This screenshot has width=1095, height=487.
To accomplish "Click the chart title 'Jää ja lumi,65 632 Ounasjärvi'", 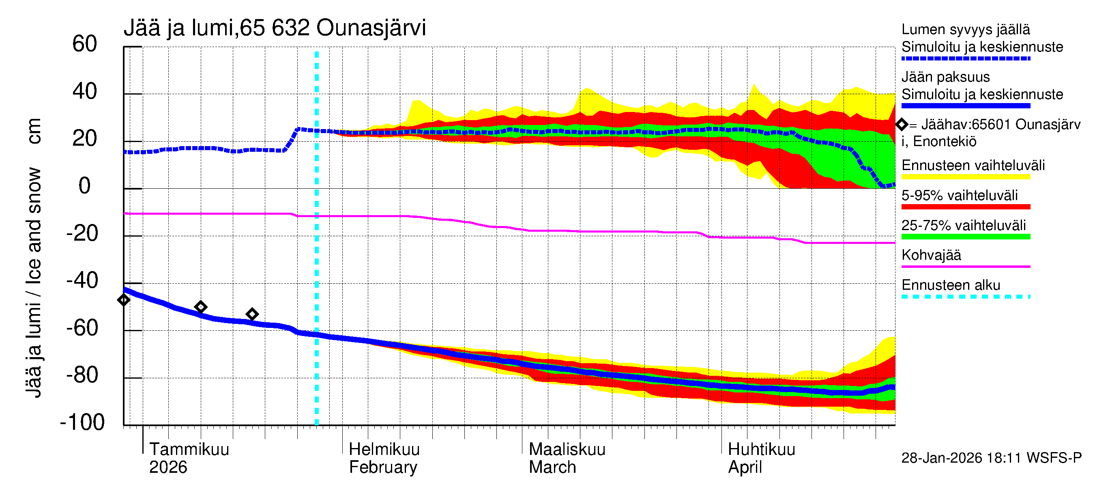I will [275, 28].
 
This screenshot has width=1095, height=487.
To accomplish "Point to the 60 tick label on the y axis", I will [85, 44].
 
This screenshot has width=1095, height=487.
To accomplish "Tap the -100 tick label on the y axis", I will [82, 422].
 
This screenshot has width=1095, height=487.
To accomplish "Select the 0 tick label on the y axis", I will [85, 186].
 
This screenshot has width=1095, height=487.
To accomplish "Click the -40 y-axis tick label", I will [82, 281].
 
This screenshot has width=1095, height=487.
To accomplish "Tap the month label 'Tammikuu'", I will [189, 449].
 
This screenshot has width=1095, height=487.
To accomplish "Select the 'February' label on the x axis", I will [383, 468].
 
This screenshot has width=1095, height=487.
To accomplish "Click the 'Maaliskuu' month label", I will [567, 449].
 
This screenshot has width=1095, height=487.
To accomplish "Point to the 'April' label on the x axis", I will [745, 468].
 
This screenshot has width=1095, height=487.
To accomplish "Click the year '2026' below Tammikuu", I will [168, 468].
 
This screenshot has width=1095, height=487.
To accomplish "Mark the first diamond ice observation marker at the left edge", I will [124, 300].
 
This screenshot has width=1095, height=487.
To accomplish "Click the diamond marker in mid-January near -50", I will [201, 307].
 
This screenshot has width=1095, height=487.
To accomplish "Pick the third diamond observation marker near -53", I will [252, 314].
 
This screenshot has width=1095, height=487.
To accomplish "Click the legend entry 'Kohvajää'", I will [931, 255].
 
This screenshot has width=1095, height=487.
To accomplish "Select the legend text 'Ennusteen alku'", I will [951, 285].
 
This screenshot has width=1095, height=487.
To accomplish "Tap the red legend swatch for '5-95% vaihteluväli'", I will [965, 207].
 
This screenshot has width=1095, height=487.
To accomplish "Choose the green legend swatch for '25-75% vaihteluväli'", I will [965, 237].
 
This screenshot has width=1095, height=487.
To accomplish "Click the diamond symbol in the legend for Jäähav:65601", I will [902, 125].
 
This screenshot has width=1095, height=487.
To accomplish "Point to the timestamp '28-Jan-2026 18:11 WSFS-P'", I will [991, 458].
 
